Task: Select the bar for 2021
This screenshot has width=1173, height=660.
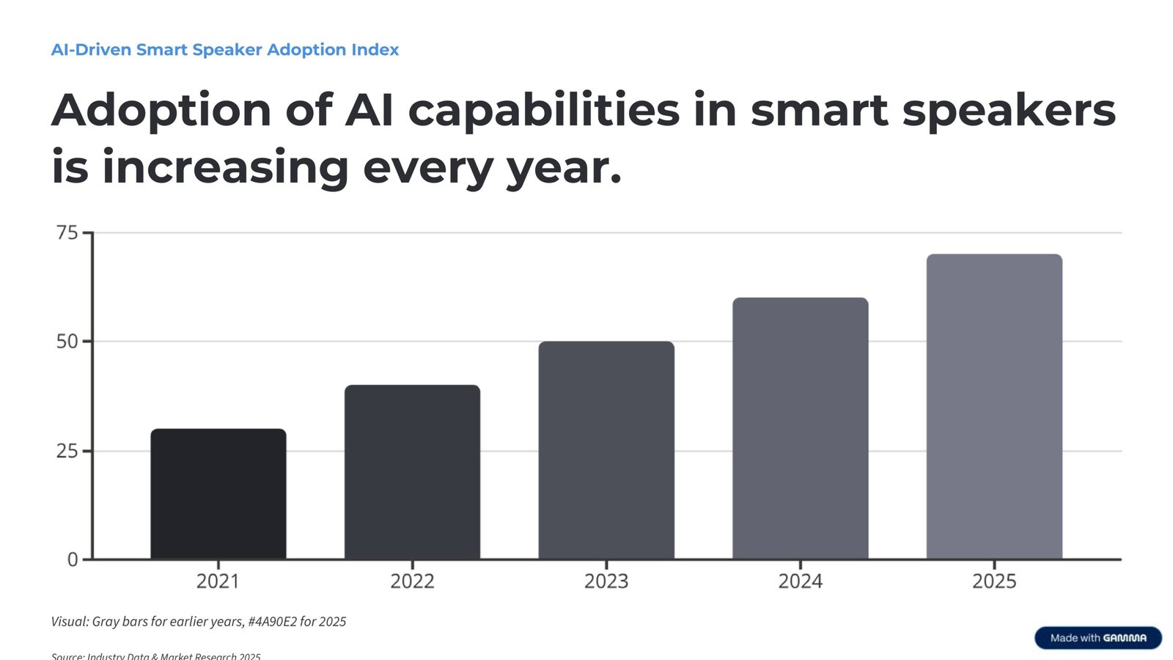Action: (218, 494)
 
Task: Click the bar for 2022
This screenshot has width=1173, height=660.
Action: (412, 472)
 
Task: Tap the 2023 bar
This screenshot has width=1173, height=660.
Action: (606, 450)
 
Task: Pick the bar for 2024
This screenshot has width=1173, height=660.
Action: (800, 428)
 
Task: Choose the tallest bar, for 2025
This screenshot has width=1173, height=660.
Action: (994, 406)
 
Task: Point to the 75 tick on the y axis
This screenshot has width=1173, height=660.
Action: (67, 233)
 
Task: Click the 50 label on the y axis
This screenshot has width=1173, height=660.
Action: (67, 342)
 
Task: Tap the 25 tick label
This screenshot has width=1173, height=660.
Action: (67, 451)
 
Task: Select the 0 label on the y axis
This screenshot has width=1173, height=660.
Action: (73, 560)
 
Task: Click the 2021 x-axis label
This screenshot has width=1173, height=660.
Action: (218, 582)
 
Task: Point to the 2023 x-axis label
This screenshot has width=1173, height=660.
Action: (606, 582)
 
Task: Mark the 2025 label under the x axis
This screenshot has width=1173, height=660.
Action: (994, 582)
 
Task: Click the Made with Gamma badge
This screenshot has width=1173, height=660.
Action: (1097, 638)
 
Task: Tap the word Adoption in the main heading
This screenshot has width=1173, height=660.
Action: (161, 111)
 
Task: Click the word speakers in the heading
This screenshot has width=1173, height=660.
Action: (1008, 111)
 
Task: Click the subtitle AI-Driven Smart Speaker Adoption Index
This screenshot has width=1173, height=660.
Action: (225, 50)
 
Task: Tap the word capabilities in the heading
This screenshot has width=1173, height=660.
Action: (543, 111)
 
